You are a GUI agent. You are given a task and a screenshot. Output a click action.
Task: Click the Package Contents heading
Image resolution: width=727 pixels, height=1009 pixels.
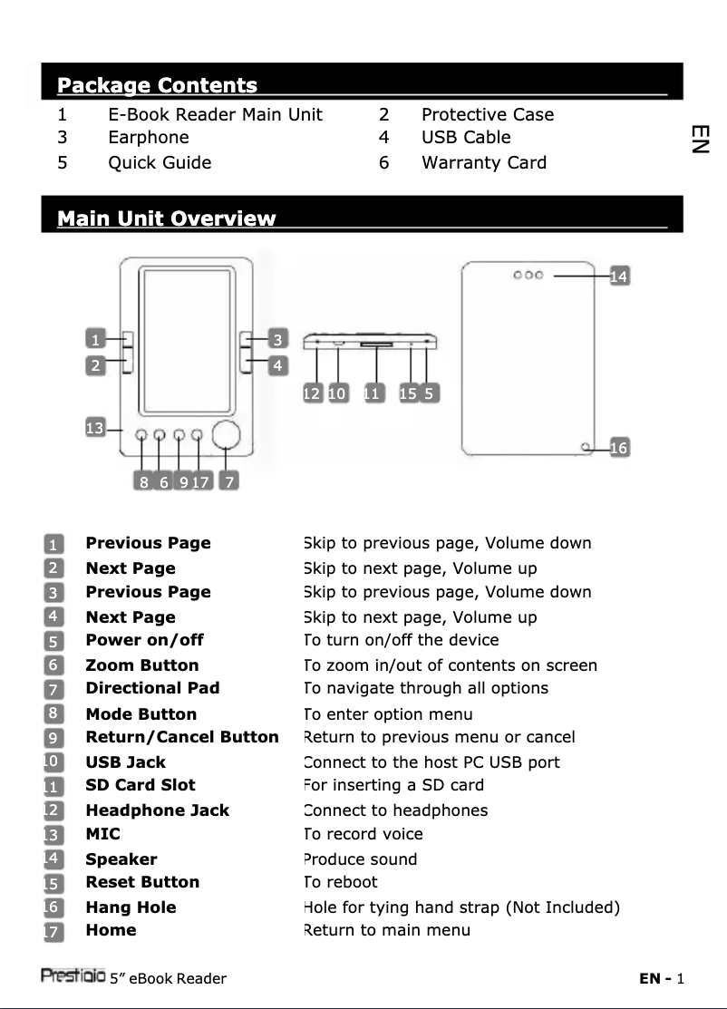(157, 86)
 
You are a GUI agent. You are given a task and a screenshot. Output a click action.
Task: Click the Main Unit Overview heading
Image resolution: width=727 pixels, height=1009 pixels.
(166, 218)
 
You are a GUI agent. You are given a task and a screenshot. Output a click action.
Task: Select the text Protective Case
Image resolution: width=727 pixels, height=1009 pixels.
(487, 114)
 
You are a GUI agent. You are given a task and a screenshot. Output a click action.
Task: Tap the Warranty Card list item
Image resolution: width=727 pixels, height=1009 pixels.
(483, 163)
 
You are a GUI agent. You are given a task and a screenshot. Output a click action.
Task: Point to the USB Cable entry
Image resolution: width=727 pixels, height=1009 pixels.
(466, 138)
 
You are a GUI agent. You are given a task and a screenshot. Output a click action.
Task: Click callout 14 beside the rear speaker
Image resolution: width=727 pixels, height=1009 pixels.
(619, 276)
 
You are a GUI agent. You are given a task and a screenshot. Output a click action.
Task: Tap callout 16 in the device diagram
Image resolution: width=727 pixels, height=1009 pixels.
(619, 448)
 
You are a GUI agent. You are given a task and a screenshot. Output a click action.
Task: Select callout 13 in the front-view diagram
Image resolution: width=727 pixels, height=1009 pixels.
(94, 428)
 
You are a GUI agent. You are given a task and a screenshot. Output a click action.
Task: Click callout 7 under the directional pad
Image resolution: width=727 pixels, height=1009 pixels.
(230, 482)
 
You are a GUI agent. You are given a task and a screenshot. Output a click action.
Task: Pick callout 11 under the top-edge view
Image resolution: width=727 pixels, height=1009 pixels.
(372, 393)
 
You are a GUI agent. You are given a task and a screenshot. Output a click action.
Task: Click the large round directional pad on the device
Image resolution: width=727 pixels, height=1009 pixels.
(227, 436)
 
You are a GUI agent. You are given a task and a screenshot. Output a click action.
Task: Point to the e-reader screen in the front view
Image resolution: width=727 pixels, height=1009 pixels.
(188, 341)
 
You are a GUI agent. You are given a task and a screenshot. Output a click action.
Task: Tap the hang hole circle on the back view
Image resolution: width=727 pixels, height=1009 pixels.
(586, 447)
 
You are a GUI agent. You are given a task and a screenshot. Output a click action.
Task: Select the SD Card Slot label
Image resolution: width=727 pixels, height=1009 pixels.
(140, 785)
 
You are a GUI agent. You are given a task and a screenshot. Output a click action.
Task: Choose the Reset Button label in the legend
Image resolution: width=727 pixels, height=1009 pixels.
(142, 882)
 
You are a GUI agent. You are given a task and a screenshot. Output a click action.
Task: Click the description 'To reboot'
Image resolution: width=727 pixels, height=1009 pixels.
(340, 882)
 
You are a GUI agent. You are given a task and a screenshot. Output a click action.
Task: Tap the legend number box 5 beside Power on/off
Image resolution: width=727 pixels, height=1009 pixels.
(54, 641)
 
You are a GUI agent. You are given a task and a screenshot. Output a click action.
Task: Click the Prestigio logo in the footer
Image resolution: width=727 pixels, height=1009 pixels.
(73, 975)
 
